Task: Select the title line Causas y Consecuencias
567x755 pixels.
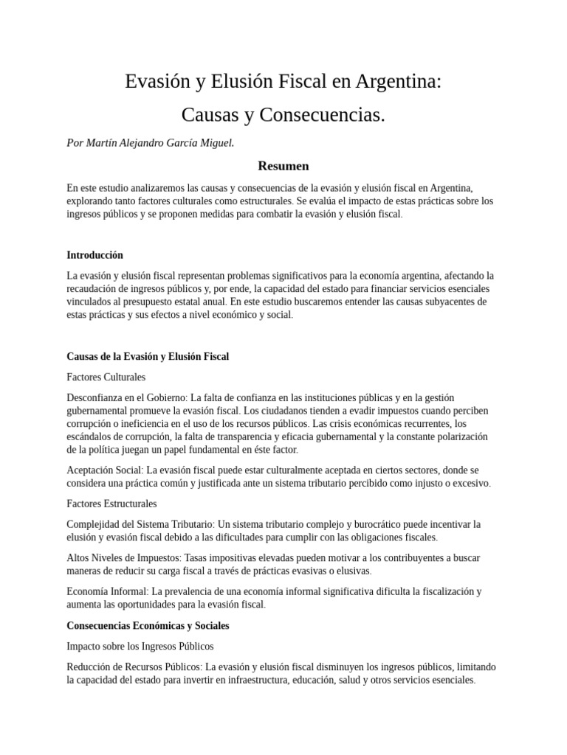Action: tap(283, 115)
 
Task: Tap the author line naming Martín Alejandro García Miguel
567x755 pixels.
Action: tap(151, 143)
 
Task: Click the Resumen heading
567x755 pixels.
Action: tap(283, 166)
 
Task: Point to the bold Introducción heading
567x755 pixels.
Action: tap(94, 255)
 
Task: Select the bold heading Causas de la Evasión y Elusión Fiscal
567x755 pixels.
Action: tap(148, 356)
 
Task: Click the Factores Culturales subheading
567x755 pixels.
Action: tap(106, 377)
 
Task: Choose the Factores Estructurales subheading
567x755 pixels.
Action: tap(111, 504)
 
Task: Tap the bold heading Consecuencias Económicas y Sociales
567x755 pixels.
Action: tap(148, 625)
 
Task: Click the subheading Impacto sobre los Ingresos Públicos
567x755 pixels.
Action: tap(140, 646)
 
